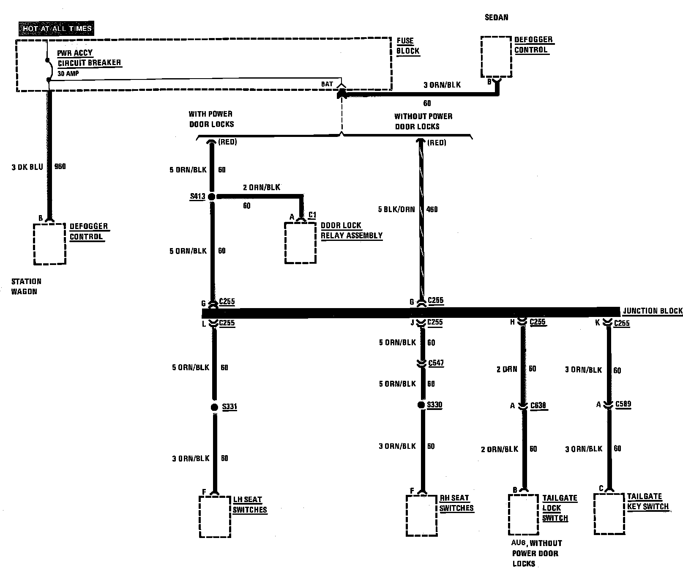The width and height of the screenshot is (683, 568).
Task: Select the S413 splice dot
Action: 212,197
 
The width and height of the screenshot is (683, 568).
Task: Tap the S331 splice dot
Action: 214,407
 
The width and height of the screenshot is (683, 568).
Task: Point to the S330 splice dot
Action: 421,405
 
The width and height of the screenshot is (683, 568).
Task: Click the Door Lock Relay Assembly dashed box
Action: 301,243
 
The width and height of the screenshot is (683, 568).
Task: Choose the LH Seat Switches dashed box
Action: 215,516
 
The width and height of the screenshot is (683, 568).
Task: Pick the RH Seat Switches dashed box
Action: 421,516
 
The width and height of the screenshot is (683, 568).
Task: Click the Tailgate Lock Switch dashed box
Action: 524,514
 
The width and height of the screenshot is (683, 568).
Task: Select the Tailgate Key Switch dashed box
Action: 609,513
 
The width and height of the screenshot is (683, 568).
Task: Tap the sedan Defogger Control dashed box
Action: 497,57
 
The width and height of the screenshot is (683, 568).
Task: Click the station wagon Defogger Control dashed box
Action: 50,243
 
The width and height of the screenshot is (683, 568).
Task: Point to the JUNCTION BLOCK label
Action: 653,311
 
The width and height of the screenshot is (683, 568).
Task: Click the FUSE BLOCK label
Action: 408,46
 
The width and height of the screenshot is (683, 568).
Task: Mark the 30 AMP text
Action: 68,74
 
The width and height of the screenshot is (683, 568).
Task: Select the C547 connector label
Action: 436,363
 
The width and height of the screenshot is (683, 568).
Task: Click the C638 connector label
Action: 538,405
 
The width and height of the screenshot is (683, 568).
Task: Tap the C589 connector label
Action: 623,404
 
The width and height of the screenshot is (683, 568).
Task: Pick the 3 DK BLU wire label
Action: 27,167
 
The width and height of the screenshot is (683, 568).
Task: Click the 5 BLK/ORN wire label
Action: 396,209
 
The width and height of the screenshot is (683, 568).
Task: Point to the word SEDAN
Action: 496,17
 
